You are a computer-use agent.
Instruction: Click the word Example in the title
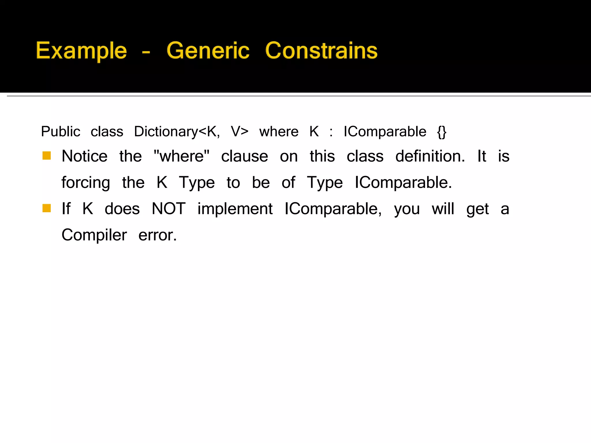pos(81,51)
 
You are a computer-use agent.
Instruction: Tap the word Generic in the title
pos(208,51)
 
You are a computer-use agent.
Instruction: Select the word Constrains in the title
pos(321,51)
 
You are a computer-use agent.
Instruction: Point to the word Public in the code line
pos(61,132)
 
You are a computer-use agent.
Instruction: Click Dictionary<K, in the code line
pos(177,132)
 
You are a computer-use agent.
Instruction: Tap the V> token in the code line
pos(240,132)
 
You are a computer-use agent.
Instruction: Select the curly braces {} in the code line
pos(442,132)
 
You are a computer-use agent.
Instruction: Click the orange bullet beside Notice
pos(46,156)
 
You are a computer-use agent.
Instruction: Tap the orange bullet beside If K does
pos(46,208)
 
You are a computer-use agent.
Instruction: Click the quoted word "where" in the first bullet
pos(182,156)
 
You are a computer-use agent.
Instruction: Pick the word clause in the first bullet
pos(244,157)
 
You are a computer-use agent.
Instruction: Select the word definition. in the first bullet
pos(430,156)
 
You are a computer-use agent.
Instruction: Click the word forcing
pos(86,183)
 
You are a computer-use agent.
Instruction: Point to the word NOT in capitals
pos(169,209)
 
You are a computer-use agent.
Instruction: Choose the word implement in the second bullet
pos(235,209)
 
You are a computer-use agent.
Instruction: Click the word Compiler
pos(94,235)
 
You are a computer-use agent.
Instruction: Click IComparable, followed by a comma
pos(333,209)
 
